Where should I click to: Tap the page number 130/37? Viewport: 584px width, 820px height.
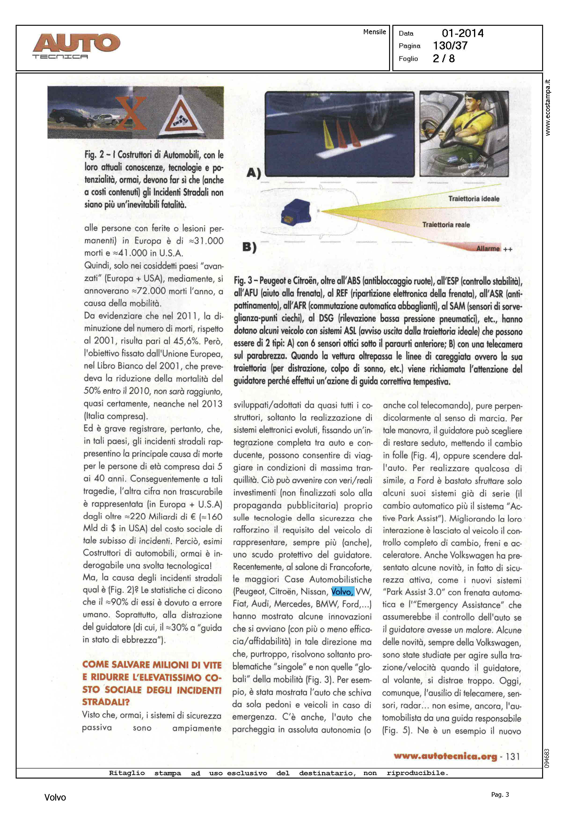pos(450,46)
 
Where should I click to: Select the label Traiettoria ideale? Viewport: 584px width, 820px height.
pos(474,199)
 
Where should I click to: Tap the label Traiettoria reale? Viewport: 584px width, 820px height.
pos(446,225)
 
